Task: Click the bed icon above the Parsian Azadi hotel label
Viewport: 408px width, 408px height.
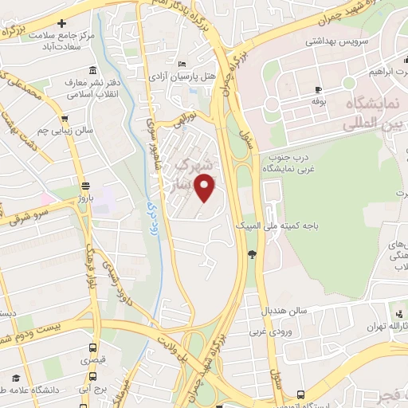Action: pos(182,64)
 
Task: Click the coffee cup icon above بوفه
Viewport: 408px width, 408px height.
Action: pos(319,89)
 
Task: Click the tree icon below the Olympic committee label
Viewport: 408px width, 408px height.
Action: pos(252,254)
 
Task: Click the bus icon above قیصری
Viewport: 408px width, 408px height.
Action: pos(93,348)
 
